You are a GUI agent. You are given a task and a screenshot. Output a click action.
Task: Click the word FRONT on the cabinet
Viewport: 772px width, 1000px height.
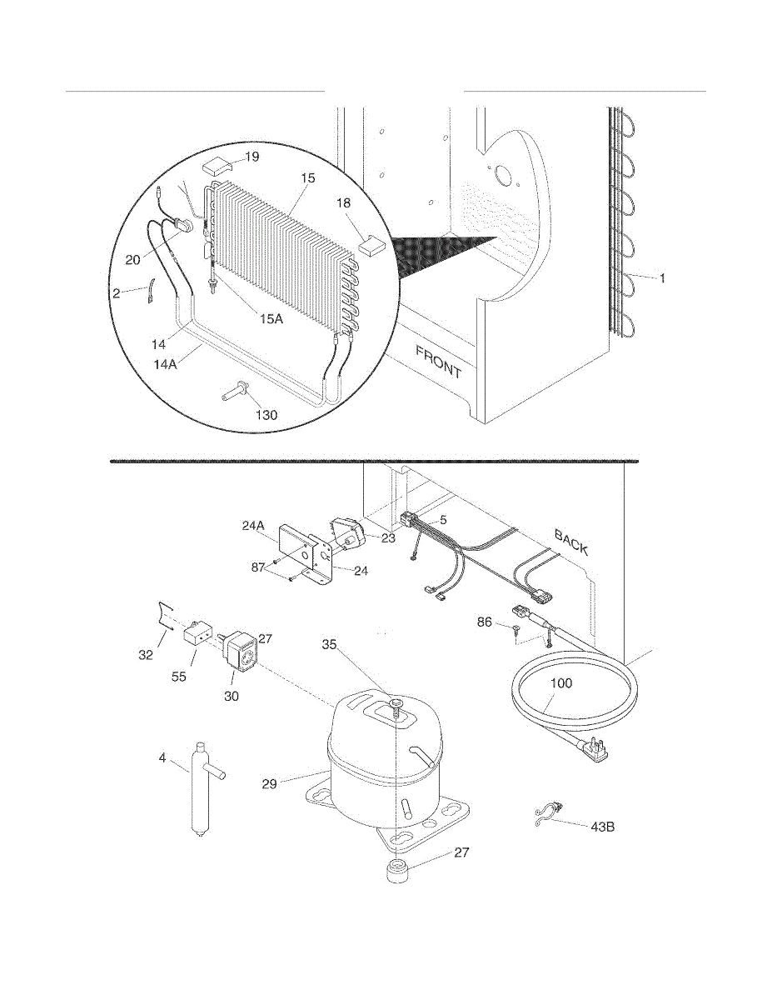tap(438, 362)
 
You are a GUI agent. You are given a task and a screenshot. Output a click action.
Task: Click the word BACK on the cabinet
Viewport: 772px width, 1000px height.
tap(571, 542)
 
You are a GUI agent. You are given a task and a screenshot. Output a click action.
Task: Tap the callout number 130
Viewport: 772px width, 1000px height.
tap(266, 415)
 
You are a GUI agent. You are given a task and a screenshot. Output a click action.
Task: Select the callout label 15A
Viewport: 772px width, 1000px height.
tap(271, 318)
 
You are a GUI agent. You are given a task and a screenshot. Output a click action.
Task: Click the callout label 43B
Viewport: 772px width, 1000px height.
tap(602, 827)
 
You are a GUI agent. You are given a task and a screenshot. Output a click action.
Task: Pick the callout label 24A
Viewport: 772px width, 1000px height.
tap(253, 526)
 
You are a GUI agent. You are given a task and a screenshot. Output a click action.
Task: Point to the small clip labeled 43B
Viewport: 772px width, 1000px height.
tap(547, 817)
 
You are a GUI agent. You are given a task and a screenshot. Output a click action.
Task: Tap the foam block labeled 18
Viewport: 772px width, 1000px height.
tap(373, 245)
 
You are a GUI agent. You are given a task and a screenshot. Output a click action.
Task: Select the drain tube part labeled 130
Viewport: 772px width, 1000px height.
tap(235, 391)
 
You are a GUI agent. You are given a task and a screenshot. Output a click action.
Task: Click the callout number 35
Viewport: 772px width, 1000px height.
tap(329, 645)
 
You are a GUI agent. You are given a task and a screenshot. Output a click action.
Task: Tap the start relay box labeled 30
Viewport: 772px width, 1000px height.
tap(240, 654)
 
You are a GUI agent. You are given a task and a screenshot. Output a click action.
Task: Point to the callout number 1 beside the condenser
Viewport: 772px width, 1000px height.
tap(663, 278)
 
